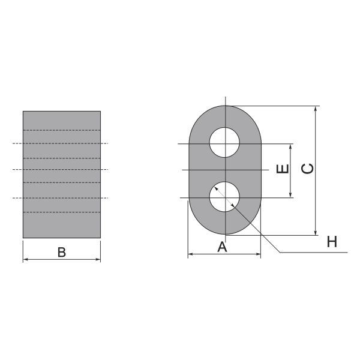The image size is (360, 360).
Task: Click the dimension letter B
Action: pos(62,252)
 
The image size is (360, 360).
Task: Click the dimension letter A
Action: pos(222,247)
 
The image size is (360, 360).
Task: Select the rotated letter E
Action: pos(283,169)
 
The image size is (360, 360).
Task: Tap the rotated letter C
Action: pos(307,169)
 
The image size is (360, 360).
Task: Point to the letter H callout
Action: pos(332,242)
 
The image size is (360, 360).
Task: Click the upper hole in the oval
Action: pos(224,142)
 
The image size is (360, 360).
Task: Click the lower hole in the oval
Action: pos(224,197)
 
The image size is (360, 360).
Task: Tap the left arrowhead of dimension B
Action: pos(26,259)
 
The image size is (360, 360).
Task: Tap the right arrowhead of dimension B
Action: pos(98,259)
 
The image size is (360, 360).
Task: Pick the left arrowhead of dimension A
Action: pos(191,254)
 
